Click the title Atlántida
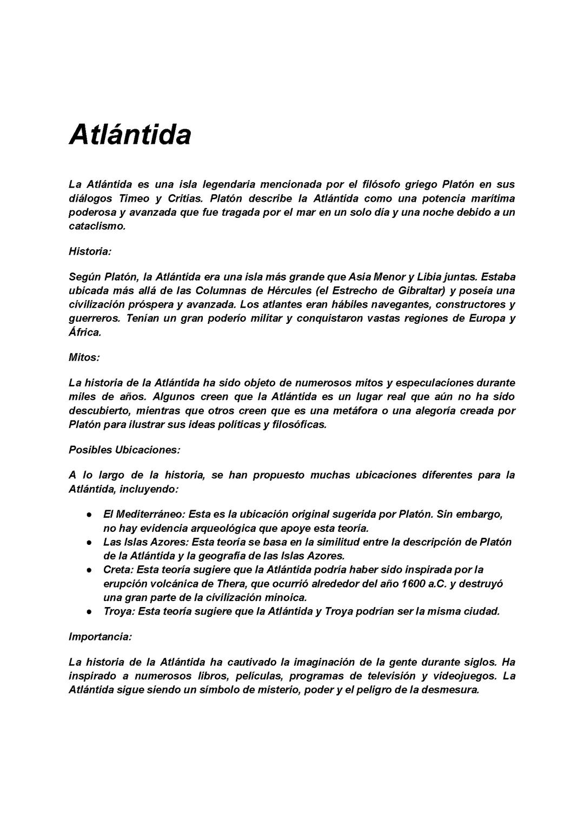130,135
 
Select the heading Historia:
90,251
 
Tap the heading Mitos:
84,357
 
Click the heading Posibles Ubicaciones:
124,450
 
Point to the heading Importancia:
100,637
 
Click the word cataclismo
97,226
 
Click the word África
85,332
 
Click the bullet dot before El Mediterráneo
88,515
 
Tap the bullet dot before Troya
88,612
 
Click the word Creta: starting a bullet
118,570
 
